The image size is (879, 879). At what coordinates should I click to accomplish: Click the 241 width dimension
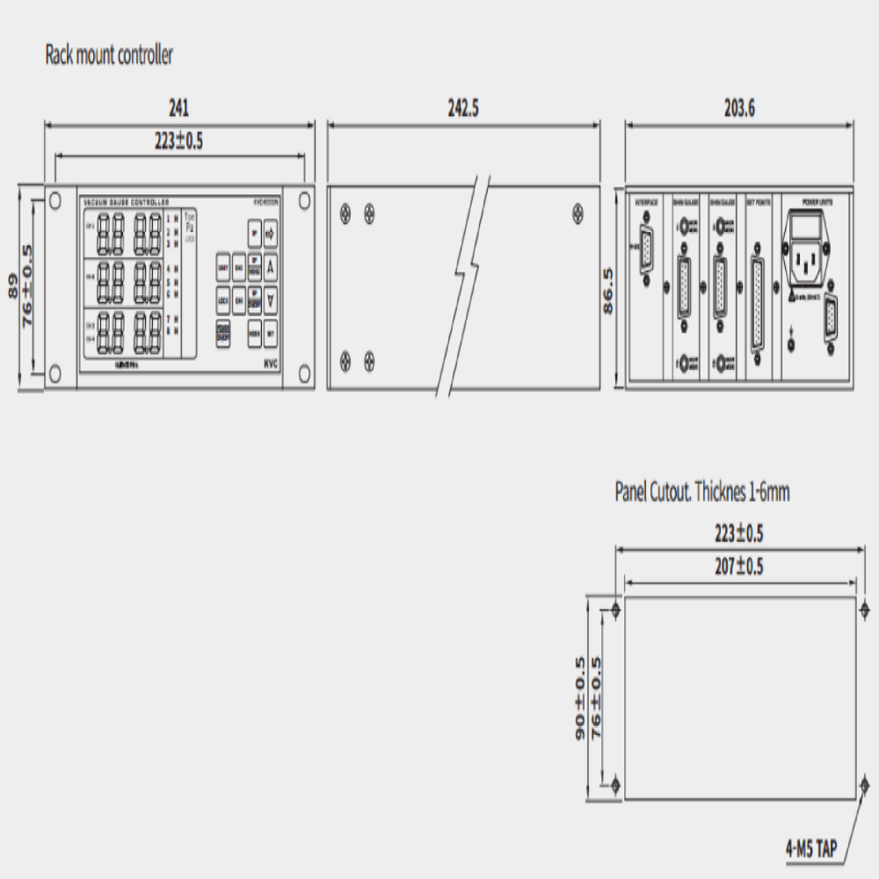pos(178,108)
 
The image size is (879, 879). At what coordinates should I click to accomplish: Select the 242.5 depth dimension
pos(463,108)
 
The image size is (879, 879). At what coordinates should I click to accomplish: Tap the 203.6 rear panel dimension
pos(739,108)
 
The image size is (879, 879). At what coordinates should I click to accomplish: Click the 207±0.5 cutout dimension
pos(739,567)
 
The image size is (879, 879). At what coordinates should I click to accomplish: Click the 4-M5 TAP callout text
pos(810,850)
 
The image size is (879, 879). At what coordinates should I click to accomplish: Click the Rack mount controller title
pos(109,55)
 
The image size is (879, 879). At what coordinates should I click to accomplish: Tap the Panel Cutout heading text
pos(701,492)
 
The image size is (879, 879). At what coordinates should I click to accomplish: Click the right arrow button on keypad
pos(271,234)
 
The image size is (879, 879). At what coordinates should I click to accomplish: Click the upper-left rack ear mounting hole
pos(54,199)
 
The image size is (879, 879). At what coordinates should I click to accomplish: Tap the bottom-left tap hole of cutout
pos(615,783)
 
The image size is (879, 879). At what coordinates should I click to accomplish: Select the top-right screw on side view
pos(578,211)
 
